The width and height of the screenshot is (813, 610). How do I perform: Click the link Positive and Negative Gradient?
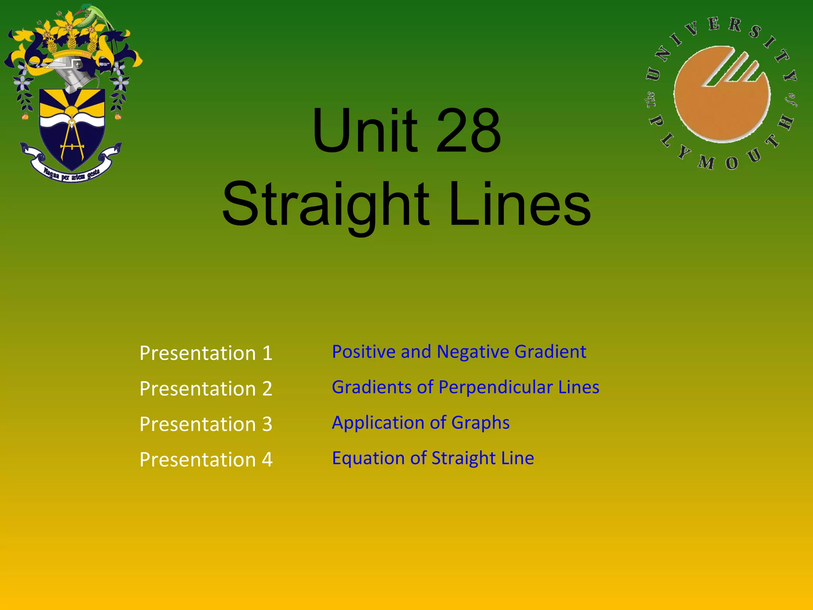click(x=459, y=352)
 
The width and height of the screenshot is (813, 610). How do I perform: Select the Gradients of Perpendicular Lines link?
click(x=465, y=387)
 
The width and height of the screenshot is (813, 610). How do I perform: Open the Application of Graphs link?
click(x=420, y=423)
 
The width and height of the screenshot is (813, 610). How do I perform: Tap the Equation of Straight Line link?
click(x=433, y=458)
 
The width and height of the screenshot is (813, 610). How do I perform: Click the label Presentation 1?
click(x=206, y=353)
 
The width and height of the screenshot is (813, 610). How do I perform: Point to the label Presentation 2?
click(x=206, y=388)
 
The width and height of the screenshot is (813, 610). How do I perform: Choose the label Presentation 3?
click(x=206, y=424)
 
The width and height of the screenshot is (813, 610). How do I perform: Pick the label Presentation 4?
click(x=206, y=459)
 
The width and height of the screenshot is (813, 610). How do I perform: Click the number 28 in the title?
click(x=468, y=131)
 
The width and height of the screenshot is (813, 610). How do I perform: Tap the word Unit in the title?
click(x=365, y=131)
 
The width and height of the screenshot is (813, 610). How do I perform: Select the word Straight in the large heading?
click(x=326, y=205)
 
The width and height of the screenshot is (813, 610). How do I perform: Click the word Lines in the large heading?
click(x=520, y=205)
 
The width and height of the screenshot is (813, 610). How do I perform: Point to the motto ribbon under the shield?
click(x=71, y=173)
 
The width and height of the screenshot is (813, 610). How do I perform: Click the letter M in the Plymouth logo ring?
click(x=706, y=162)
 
